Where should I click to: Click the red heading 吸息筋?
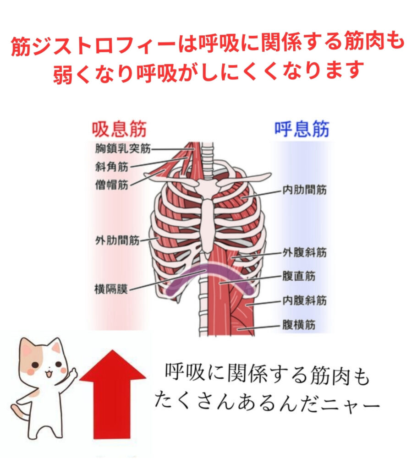click(x=119, y=129)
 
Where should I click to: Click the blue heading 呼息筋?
click(x=302, y=129)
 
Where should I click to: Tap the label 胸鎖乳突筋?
click(x=123, y=148)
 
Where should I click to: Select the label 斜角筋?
click(x=112, y=167)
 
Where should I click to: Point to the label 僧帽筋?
click(x=112, y=185)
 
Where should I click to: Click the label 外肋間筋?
click(x=117, y=240)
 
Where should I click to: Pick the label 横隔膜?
click(x=111, y=289)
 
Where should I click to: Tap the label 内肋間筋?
click(x=305, y=189)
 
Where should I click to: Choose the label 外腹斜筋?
click(x=305, y=252)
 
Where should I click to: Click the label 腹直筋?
click(x=299, y=276)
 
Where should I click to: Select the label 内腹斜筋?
click(x=305, y=300)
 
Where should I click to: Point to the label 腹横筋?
click(x=299, y=325)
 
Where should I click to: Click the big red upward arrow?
click(x=113, y=395)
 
